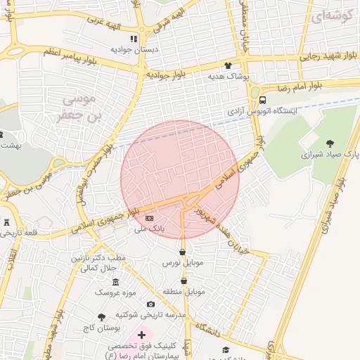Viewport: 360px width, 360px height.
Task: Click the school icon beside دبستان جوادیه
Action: (x=134, y=39)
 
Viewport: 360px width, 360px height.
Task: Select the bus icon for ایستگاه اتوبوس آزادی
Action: (x=262, y=100)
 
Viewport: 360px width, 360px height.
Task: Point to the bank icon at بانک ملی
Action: (x=149, y=219)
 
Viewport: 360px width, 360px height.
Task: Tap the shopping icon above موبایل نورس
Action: (x=183, y=252)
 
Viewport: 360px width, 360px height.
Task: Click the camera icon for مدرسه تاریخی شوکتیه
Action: (x=151, y=304)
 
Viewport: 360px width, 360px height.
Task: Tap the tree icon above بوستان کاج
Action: (x=102, y=317)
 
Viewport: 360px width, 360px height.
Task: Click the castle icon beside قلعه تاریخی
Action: (x=7, y=222)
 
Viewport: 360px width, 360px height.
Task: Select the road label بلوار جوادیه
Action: (x=166, y=75)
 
